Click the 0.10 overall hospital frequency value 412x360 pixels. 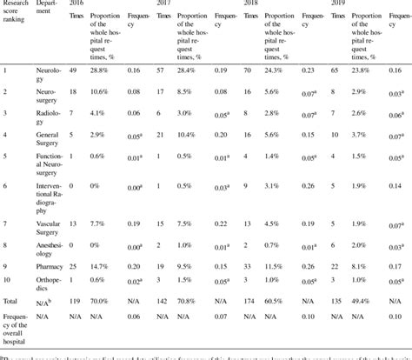click(x=395, y=319)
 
